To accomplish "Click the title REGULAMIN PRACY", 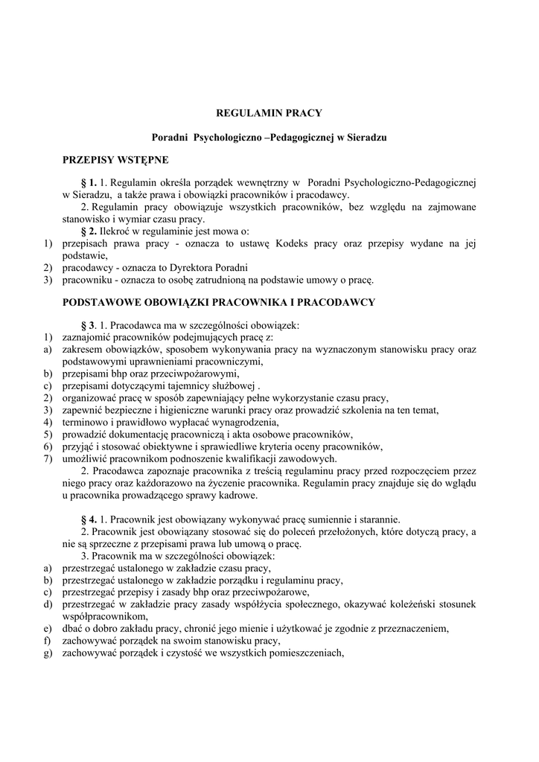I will (x=269, y=113).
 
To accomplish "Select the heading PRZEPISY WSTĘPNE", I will (x=115, y=160).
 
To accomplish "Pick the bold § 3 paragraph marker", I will (x=88, y=325).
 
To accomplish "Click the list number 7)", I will (x=47, y=458).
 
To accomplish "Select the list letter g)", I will (x=47, y=653).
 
